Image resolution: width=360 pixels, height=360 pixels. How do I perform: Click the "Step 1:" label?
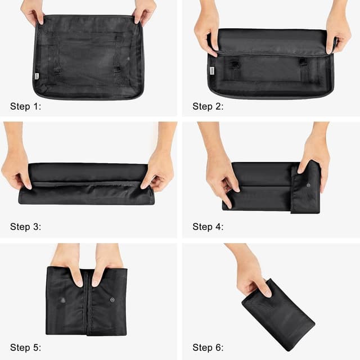[x=25, y=106]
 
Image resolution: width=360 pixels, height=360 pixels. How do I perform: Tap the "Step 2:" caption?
[x=208, y=106]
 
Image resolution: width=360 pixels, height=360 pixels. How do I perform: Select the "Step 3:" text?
[x=25, y=227]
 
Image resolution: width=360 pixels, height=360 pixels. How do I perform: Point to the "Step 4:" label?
[x=208, y=227]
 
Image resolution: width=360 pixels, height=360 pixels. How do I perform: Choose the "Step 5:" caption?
[x=25, y=347]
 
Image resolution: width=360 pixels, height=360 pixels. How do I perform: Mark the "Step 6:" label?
[x=208, y=347]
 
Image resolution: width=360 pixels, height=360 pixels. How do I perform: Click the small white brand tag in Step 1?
[x=37, y=76]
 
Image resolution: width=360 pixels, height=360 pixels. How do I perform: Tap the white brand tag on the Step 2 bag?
[x=212, y=71]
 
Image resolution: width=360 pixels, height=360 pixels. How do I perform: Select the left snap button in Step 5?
[x=62, y=300]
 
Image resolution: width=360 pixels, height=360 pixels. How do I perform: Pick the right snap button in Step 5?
[x=112, y=300]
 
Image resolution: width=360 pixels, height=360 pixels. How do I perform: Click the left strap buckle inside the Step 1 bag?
[x=57, y=70]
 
